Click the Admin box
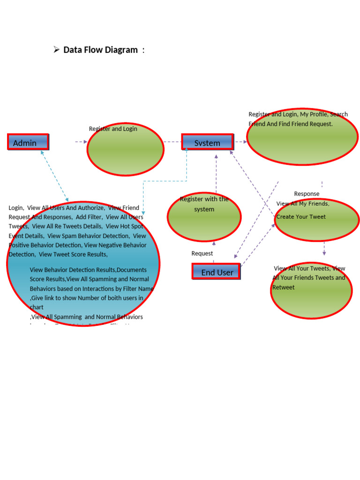pos(28,142)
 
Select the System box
pos(207,142)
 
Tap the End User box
pos(216,272)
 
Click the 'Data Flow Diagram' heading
pos(100,50)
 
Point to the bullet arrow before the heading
pos(56,49)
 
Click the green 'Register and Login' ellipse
pos(126,150)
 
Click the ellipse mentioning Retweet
pos(311,291)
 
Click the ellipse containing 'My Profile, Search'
pos(302,137)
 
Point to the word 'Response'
pos(307,194)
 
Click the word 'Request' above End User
pos(202,254)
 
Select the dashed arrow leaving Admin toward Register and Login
pos(81,142)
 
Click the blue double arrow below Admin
pos(55,176)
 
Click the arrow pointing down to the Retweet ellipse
pos(324,248)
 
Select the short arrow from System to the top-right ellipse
pos(242,142)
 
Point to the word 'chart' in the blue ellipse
pos(37,307)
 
